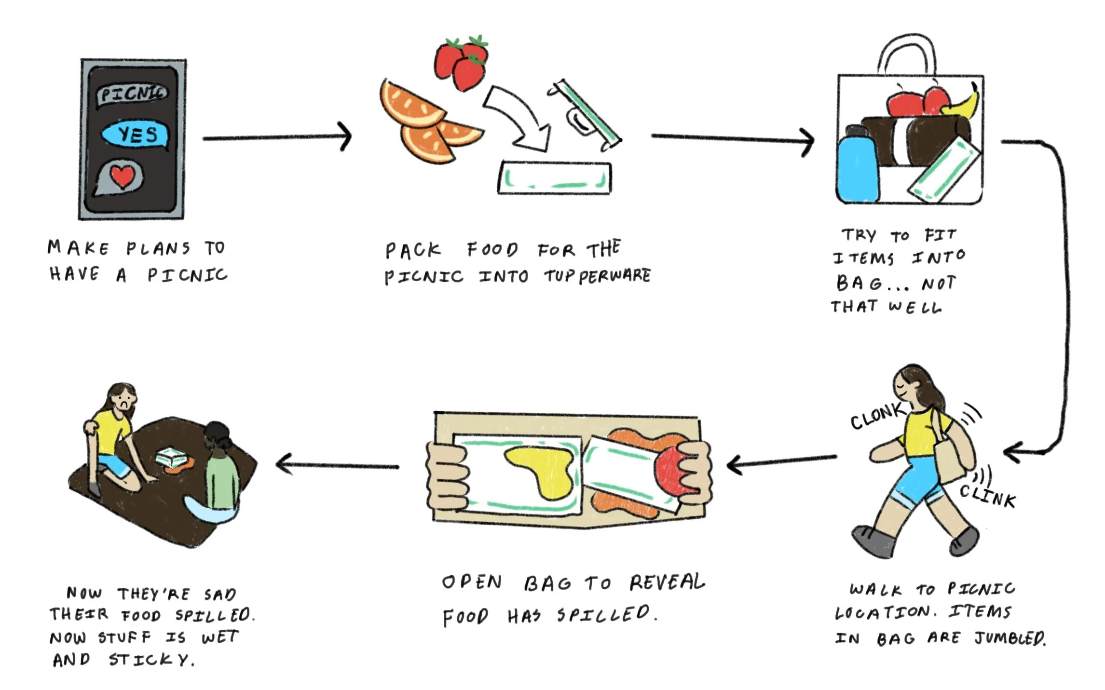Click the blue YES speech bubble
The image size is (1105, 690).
pyautogui.click(x=135, y=135)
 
